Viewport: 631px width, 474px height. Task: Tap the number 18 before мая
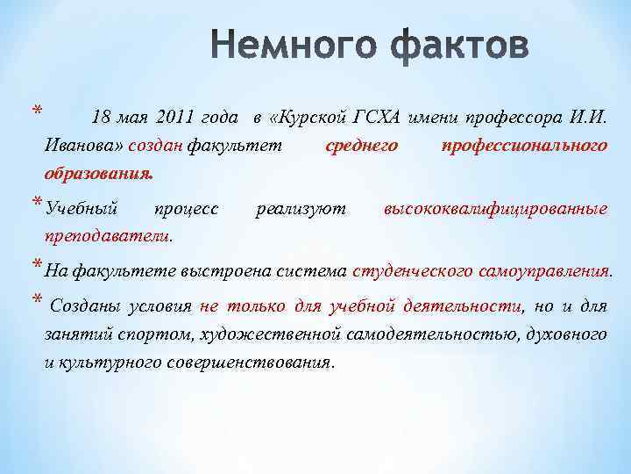(x=103, y=118)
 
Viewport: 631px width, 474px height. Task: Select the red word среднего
(x=362, y=145)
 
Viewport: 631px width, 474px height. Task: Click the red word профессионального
(x=524, y=145)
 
